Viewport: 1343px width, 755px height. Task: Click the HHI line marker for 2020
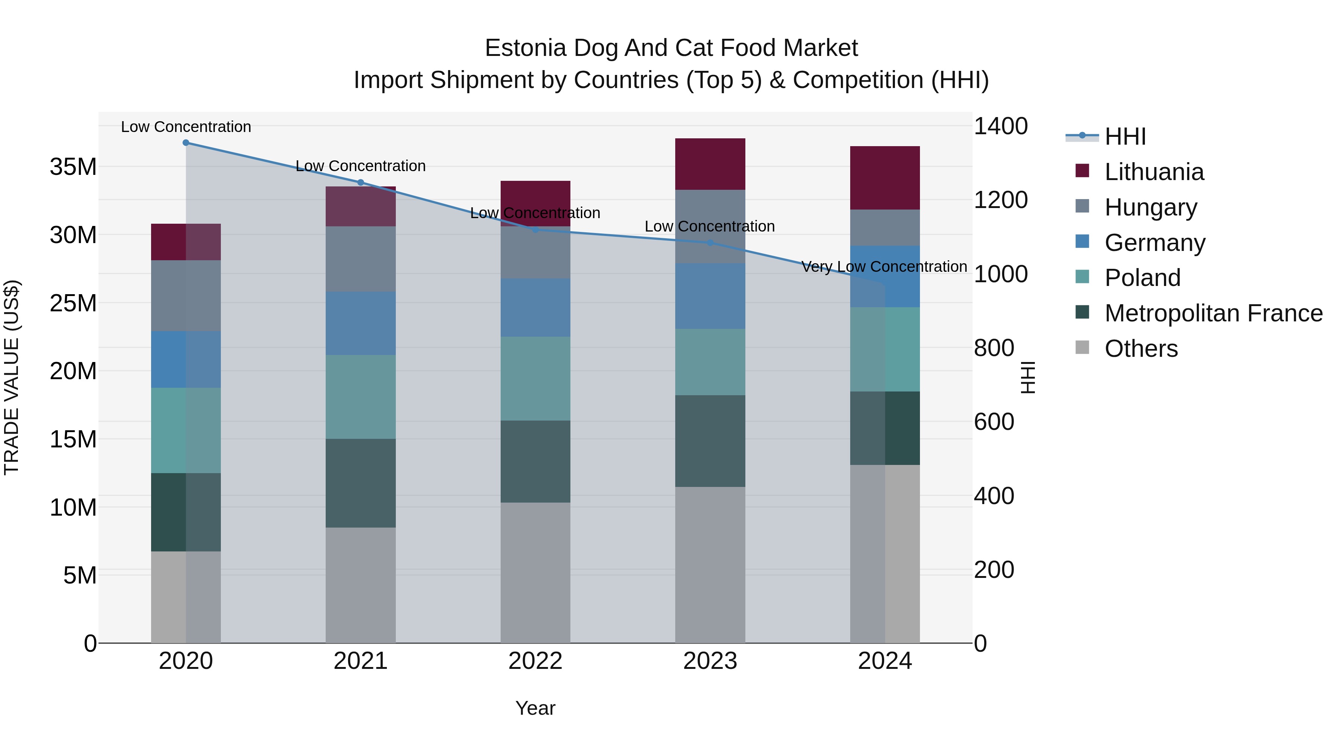[186, 142]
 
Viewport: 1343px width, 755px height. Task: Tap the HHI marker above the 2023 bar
[710, 242]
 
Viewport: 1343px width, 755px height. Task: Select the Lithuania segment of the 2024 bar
[885, 178]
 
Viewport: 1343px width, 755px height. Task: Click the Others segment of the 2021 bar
[360, 585]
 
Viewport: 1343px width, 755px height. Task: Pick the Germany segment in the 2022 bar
[535, 308]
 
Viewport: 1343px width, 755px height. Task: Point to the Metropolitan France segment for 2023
[710, 441]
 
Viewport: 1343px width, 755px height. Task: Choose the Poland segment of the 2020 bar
[186, 430]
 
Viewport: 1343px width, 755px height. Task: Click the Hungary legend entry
[1150, 207]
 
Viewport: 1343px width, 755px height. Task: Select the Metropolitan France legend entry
[1213, 313]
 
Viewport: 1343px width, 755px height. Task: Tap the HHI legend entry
[1124, 136]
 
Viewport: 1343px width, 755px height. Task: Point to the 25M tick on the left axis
[73, 303]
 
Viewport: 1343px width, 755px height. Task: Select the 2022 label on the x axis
[535, 661]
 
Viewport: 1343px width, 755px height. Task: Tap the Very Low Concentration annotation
[884, 267]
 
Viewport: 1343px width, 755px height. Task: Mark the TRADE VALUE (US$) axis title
[12, 377]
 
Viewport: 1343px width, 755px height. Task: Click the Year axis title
[535, 708]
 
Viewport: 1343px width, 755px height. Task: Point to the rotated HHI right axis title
[1028, 377]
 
